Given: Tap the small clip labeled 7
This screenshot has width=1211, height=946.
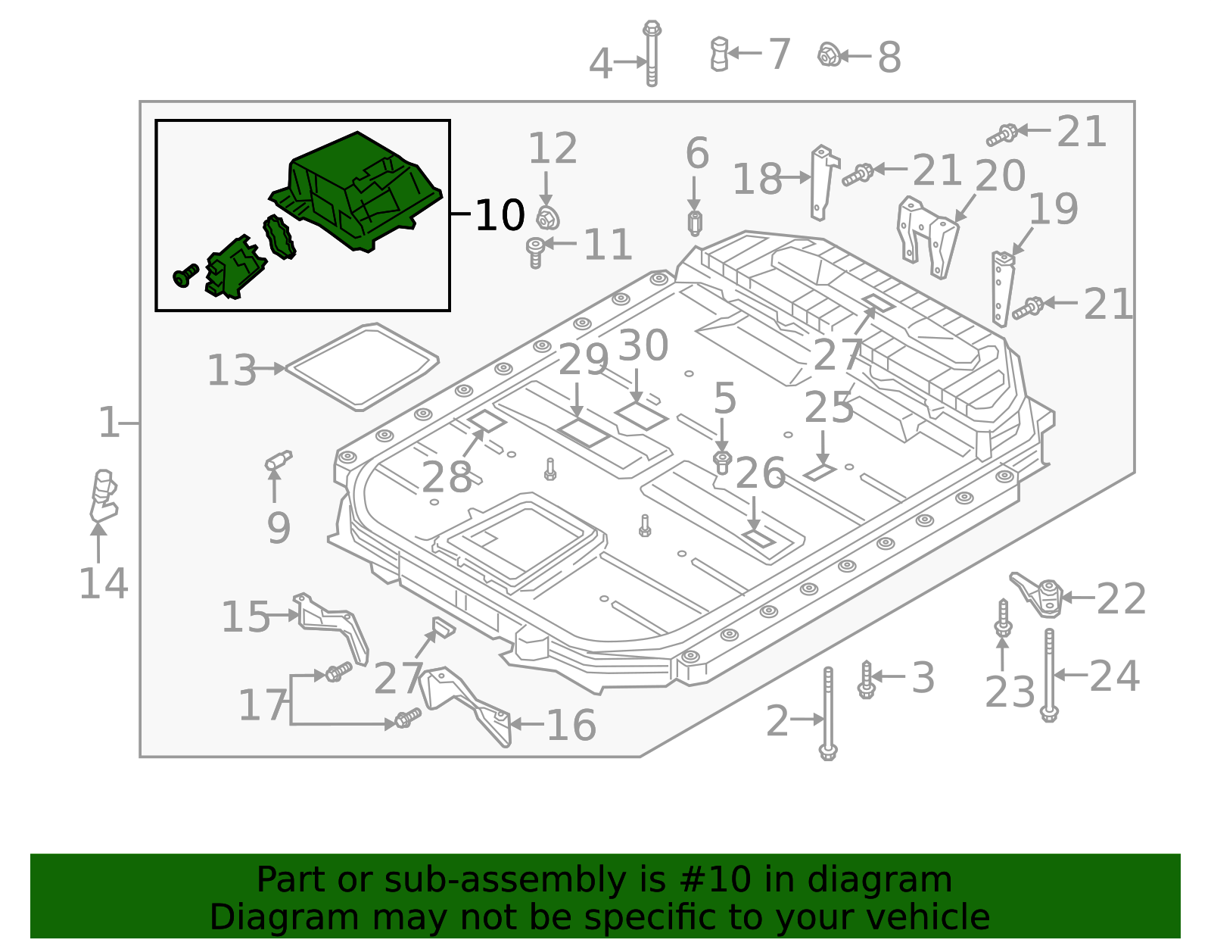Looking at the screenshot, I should point(719,54).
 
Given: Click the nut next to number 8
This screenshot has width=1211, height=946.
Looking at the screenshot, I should point(829,55).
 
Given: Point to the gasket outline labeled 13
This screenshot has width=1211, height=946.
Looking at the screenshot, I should point(362,367).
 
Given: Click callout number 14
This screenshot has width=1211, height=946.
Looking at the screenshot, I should point(104,584).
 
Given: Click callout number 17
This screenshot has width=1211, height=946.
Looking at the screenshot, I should point(262,706).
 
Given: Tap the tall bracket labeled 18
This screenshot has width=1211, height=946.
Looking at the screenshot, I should point(823,182).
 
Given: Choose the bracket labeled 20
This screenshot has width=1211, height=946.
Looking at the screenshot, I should point(927,236).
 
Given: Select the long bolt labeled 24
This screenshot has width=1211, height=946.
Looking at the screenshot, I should point(1049,674).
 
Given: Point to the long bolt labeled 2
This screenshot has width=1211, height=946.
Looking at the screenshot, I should point(828,712).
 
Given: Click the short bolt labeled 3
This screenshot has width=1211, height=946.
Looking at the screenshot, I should point(867,679).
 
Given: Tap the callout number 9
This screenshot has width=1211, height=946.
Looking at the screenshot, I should point(279,527).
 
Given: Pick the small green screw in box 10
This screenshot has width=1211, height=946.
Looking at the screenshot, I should point(185,276).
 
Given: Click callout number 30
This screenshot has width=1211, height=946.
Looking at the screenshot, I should point(643,345).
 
